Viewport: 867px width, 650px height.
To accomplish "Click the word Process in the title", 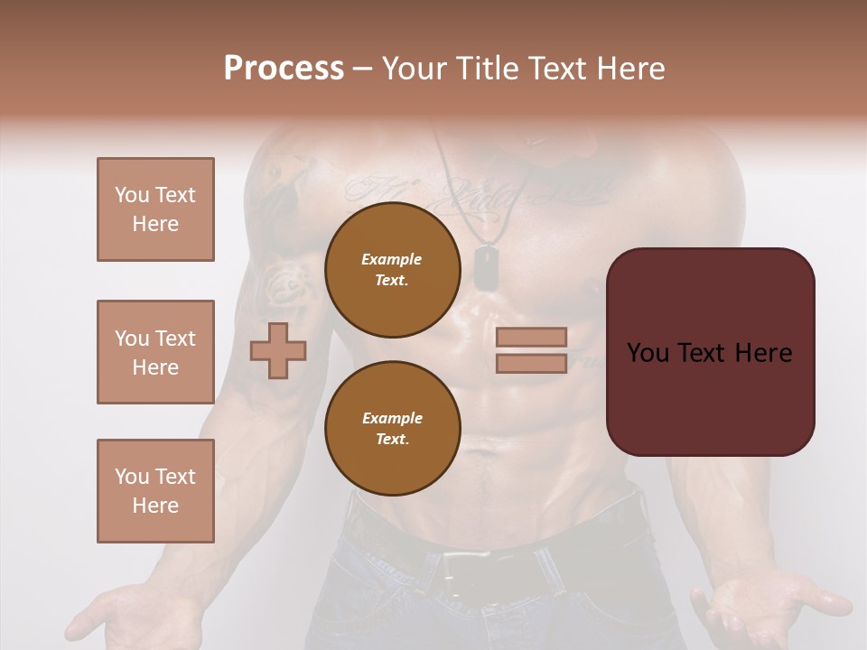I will click(284, 69).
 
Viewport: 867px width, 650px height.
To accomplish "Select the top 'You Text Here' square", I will click(155, 209).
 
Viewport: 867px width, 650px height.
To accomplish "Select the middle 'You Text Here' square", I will click(155, 352).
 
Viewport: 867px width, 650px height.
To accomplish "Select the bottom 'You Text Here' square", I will click(155, 491).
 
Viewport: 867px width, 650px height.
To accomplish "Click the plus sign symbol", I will click(278, 350).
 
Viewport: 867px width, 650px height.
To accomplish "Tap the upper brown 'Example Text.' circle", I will click(392, 270).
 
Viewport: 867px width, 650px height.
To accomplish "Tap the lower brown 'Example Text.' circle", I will click(392, 429).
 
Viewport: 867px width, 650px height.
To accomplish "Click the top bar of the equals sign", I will click(531, 337).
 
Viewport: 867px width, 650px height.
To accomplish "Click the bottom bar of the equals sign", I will click(531, 363).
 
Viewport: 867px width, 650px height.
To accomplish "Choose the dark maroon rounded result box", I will click(710, 352).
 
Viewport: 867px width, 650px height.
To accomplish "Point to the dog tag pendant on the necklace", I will click(488, 268).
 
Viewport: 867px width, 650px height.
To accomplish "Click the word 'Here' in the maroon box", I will click(762, 353).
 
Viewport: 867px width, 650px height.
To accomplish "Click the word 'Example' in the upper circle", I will click(392, 259).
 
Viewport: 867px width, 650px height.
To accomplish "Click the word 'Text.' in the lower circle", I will click(392, 439).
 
